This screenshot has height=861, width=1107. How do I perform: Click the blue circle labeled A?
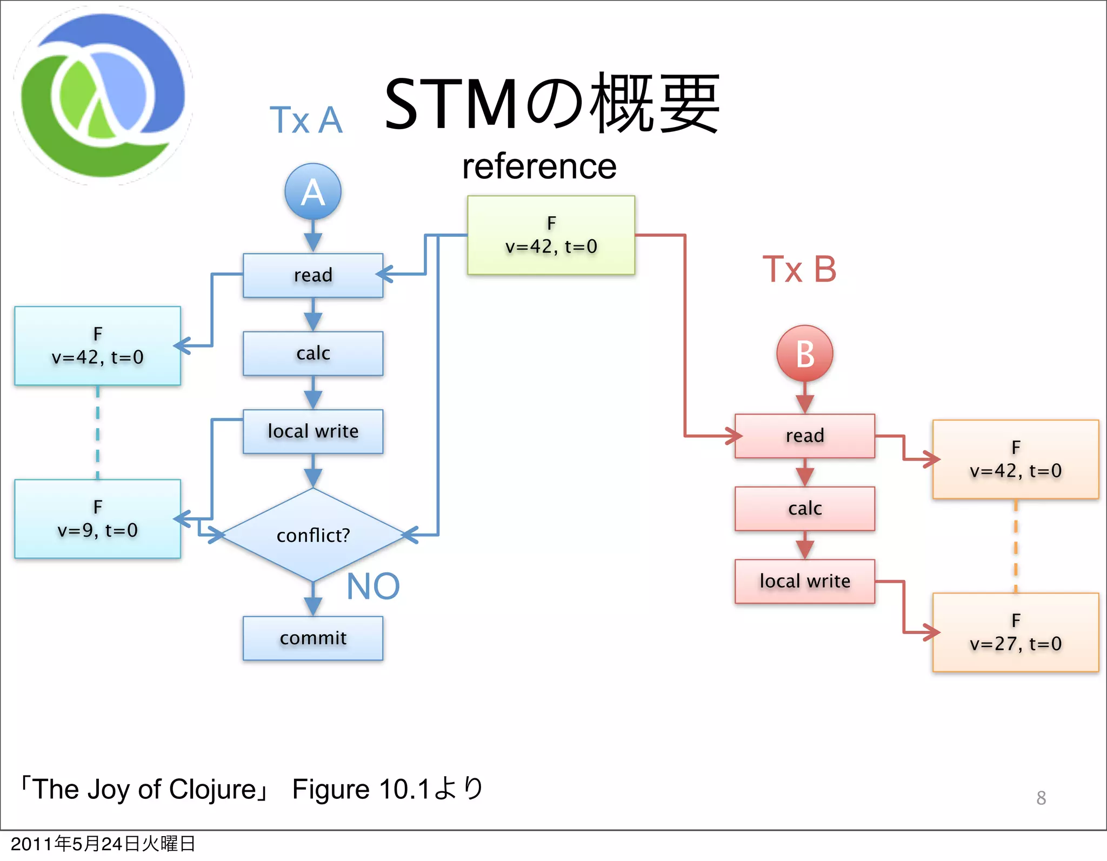pos(313,191)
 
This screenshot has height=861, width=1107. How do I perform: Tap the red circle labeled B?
pos(804,353)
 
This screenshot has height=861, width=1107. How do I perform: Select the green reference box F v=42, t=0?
pos(551,235)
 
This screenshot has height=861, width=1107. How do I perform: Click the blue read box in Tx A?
pos(313,275)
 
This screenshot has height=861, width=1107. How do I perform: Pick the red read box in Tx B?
pos(804,436)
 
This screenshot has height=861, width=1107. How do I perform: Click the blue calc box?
pos(313,353)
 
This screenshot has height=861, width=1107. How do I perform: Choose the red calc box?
pos(804,509)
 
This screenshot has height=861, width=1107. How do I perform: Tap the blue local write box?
pos(313,431)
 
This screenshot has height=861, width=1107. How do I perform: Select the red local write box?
pos(804,581)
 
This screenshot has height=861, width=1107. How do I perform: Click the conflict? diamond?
pos(313,535)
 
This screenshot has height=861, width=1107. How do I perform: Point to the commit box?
pos(313,638)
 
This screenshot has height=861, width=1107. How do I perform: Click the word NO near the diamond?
pos(373,586)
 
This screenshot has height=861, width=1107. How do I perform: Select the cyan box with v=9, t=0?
pos(97,519)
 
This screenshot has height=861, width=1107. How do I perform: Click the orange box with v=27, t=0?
pos(1015,632)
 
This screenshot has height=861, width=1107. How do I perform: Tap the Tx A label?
pos(306,120)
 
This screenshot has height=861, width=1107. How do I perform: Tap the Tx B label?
pos(799,269)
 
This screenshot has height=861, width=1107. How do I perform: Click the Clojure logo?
pos(103,96)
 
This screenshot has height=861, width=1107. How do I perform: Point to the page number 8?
pos(1041,798)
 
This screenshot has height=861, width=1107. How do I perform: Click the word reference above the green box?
pos(539,166)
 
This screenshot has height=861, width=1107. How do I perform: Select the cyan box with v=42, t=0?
pos(97,346)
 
